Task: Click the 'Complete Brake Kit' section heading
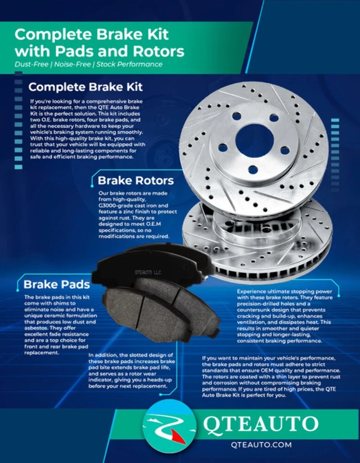pyautogui.click(x=85, y=87)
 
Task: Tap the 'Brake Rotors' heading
pyautogui.click(x=135, y=180)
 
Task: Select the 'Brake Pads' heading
pyautogui.click(x=57, y=284)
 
